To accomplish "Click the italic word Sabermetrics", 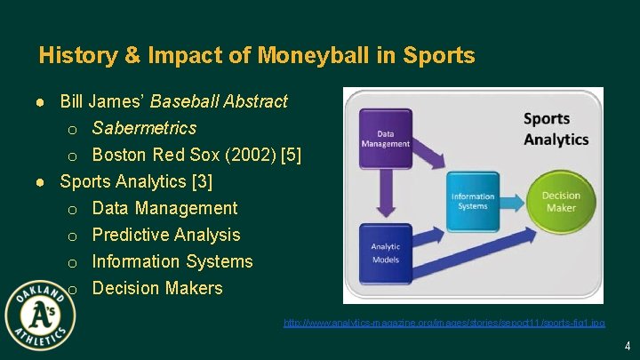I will (144, 128).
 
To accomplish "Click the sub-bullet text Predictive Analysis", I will (166, 235).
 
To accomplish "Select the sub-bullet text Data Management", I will (164, 208).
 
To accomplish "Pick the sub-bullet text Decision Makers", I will (157, 288).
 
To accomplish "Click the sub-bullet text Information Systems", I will (172, 261).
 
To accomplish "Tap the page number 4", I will (627, 346).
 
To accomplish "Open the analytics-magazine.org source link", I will (444, 323).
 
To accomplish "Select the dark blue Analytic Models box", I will (387, 252).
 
